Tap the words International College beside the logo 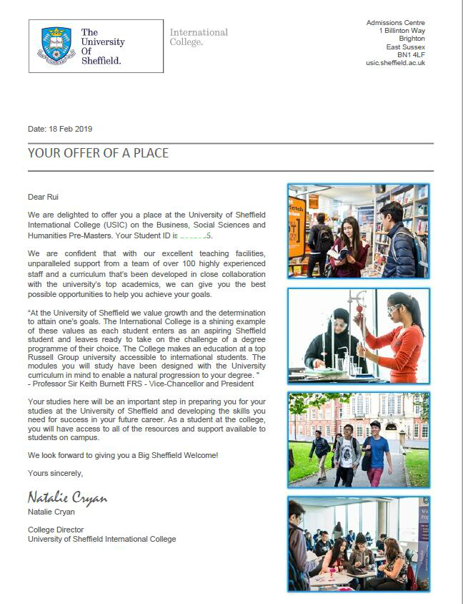[x=198, y=36]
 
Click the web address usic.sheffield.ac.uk [x=395, y=63]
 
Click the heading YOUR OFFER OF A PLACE [x=98, y=153]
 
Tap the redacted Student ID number [x=194, y=235]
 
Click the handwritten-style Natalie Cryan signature [x=67, y=497]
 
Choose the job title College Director [x=55, y=530]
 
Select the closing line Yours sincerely [x=56, y=473]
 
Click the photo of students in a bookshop [x=358, y=231]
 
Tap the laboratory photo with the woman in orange [x=358, y=336]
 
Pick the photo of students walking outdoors [x=358, y=439]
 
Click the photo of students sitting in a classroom [x=358, y=544]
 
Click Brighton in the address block [x=412, y=39]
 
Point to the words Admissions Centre [x=395, y=23]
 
